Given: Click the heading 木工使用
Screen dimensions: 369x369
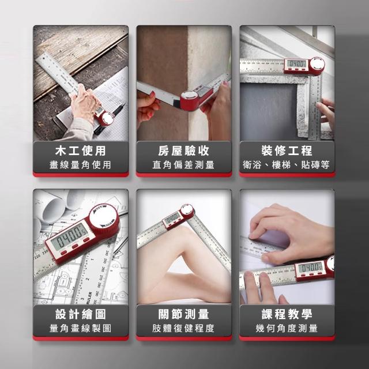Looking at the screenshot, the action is coord(81,150).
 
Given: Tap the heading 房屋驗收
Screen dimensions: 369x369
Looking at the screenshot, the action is coord(183,150).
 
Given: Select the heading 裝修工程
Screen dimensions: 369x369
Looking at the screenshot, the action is coord(287,150).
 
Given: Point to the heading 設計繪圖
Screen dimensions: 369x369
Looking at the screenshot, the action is coord(81,314).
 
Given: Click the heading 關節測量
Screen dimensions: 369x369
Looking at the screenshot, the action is coord(183,314).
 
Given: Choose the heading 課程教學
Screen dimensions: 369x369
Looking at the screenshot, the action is coord(287,314).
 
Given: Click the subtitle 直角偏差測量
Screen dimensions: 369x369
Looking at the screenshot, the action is coord(183,165).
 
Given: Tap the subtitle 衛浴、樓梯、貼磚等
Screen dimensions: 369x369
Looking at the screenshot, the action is coord(286,165).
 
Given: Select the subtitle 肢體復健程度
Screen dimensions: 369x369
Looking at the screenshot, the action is coord(183,328).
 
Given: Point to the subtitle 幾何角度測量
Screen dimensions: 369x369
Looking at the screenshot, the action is coord(287,328).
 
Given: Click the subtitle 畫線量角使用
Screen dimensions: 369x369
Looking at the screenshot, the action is coord(80,165).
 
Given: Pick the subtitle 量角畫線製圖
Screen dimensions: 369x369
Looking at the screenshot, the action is coord(80,328).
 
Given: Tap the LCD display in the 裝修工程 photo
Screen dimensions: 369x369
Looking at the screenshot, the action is coord(297,63).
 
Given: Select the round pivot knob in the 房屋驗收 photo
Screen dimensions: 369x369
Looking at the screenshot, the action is coord(189,96).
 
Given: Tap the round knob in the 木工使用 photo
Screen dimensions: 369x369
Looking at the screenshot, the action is coord(107,119).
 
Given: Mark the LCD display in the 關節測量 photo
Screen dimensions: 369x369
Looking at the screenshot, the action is coord(173,219).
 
